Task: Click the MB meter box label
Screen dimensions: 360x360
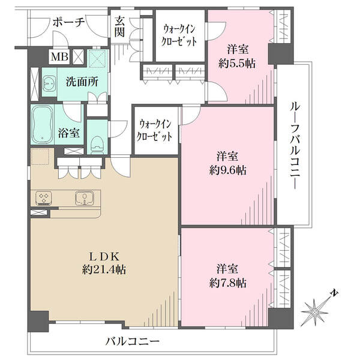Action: [x=59, y=56]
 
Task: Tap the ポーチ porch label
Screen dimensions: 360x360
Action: [x=69, y=23]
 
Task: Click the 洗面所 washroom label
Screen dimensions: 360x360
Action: [x=82, y=82]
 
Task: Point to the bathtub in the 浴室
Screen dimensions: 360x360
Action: [x=43, y=125]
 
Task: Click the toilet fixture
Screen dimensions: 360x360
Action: [x=97, y=145]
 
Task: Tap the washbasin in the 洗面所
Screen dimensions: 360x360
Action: [x=49, y=84]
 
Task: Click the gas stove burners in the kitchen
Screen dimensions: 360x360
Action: [x=44, y=199]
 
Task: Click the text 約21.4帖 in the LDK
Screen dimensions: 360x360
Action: [x=104, y=270]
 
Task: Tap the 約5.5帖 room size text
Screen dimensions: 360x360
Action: [x=237, y=64]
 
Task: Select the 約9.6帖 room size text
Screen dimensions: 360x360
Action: [x=228, y=170]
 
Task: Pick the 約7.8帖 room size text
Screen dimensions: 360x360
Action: [x=228, y=283]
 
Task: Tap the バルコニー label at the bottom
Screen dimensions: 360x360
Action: [x=133, y=341]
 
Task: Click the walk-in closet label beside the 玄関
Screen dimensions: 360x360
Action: [x=179, y=35]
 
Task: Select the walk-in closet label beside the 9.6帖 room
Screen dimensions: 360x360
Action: [x=154, y=130]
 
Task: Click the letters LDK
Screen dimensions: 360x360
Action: [x=104, y=257]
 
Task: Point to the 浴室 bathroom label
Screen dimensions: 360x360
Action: [x=68, y=133]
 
